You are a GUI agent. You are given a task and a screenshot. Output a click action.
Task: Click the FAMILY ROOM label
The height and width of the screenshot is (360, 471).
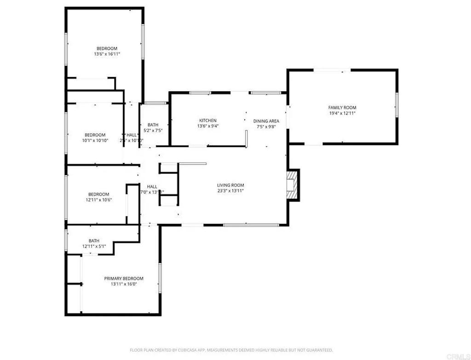click(342, 107)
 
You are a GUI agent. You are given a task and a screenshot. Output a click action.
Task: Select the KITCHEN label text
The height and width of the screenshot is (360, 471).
click(207, 121)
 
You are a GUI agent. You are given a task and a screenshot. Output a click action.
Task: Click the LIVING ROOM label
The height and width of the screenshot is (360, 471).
click(230, 185)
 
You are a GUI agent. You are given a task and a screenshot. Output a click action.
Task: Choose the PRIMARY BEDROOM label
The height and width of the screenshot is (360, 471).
click(124, 279)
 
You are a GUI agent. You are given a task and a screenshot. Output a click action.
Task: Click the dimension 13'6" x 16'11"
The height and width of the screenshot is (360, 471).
click(107, 54)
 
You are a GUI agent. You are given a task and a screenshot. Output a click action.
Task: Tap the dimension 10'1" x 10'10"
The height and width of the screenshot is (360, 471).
click(96, 140)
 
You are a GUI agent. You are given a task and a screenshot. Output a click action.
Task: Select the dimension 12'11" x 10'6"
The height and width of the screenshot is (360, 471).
click(99, 200)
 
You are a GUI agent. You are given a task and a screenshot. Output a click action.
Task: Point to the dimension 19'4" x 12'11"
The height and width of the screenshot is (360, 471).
click(342, 113)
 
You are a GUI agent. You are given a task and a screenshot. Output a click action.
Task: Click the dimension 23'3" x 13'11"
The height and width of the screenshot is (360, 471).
click(230, 191)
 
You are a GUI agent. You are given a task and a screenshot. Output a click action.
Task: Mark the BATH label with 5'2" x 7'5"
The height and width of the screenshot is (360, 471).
click(153, 125)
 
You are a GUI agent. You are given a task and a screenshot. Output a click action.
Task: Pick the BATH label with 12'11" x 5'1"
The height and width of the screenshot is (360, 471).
click(94, 241)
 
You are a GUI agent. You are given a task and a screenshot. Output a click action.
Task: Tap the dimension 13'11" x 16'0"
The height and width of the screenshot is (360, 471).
click(124, 284)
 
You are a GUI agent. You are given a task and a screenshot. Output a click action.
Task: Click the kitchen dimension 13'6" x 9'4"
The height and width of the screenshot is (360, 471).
click(207, 126)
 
